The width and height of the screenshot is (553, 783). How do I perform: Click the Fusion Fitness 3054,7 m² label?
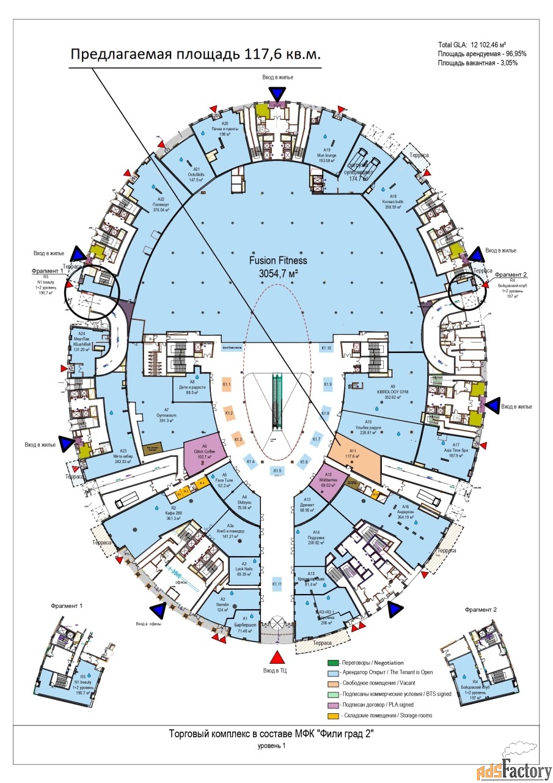[x=278, y=265]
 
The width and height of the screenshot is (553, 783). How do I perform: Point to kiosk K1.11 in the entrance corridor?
[x=277, y=584]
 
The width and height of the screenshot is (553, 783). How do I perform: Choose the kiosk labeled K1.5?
[x=277, y=470]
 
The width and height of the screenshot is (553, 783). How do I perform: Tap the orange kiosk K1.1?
[x=226, y=385]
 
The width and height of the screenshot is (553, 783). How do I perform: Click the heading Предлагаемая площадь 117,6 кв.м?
[x=195, y=54]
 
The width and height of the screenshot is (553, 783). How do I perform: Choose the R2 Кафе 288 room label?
[x=174, y=512]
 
